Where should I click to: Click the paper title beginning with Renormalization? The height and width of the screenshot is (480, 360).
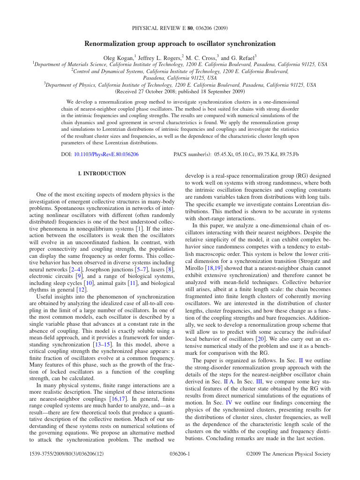(x=180, y=44)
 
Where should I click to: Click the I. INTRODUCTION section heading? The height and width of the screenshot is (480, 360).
(x=102, y=173)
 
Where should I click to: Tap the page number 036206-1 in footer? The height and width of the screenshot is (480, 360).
(x=180, y=454)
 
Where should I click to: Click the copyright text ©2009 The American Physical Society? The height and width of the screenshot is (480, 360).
(x=288, y=454)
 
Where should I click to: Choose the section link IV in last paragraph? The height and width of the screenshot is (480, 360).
(x=229, y=403)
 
